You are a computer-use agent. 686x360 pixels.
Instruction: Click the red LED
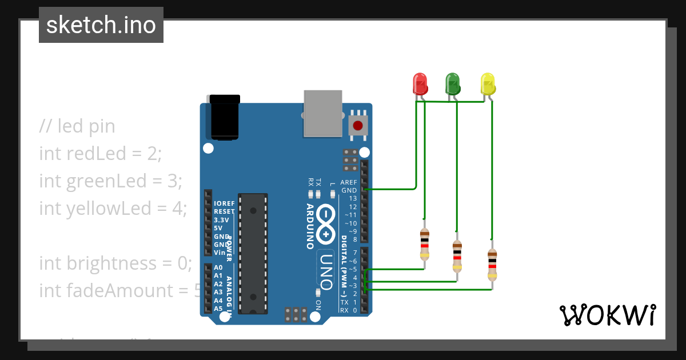click(x=420, y=84)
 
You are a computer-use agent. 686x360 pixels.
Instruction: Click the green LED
click(x=453, y=84)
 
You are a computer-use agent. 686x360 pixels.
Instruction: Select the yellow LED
click(x=487, y=84)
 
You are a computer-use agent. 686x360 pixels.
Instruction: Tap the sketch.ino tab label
click(x=101, y=25)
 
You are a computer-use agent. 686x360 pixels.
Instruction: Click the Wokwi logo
click(x=607, y=315)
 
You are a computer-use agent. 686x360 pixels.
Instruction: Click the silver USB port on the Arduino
click(x=323, y=113)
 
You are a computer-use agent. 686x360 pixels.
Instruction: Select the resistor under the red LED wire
click(x=424, y=245)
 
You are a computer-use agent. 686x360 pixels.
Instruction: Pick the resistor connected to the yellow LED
click(x=492, y=265)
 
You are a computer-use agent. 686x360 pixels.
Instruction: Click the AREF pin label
click(x=348, y=182)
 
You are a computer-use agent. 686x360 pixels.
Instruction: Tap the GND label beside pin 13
click(x=349, y=190)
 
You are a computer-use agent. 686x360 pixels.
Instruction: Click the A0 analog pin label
click(x=218, y=267)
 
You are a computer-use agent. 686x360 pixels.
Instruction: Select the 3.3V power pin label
click(x=221, y=219)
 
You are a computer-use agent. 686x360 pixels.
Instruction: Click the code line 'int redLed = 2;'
click(x=101, y=153)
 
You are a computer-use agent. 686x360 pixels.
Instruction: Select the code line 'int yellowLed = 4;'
click(x=113, y=208)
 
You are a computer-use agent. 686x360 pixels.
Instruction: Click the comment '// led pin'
click(x=77, y=126)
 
